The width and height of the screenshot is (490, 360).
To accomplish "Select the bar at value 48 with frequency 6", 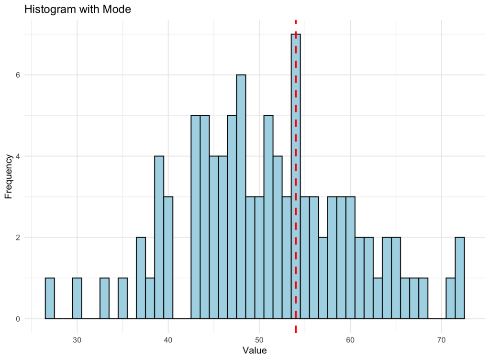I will click(x=241, y=196).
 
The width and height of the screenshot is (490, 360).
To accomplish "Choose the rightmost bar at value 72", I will click(x=459, y=278).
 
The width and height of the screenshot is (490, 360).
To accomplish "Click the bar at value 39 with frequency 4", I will click(x=159, y=237).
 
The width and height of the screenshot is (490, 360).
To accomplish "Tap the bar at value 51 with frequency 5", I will click(x=268, y=217).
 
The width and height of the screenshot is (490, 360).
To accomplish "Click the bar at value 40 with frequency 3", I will click(x=168, y=258).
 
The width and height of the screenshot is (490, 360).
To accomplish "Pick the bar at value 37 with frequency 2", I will click(x=141, y=278).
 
